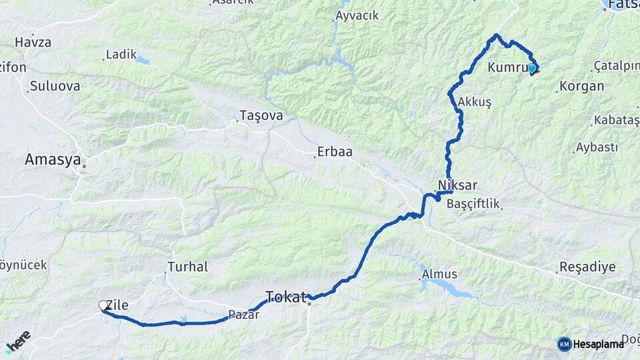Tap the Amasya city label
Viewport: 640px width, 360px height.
tap(53, 160)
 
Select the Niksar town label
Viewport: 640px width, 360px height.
tap(458, 185)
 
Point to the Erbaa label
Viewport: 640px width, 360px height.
tap(335, 152)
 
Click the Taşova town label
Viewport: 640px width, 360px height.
tap(261, 115)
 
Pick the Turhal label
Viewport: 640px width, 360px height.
tap(187, 267)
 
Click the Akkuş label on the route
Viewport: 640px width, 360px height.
tap(475, 102)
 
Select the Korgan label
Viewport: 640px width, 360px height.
tap(582, 86)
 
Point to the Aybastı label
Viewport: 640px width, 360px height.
tap(597, 147)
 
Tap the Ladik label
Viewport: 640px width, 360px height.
tap(121, 54)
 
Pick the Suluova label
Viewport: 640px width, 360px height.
tap(55, 86)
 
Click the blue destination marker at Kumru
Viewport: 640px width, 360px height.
tap(532, 68)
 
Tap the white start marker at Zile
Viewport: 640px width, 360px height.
tap(103, 305)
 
